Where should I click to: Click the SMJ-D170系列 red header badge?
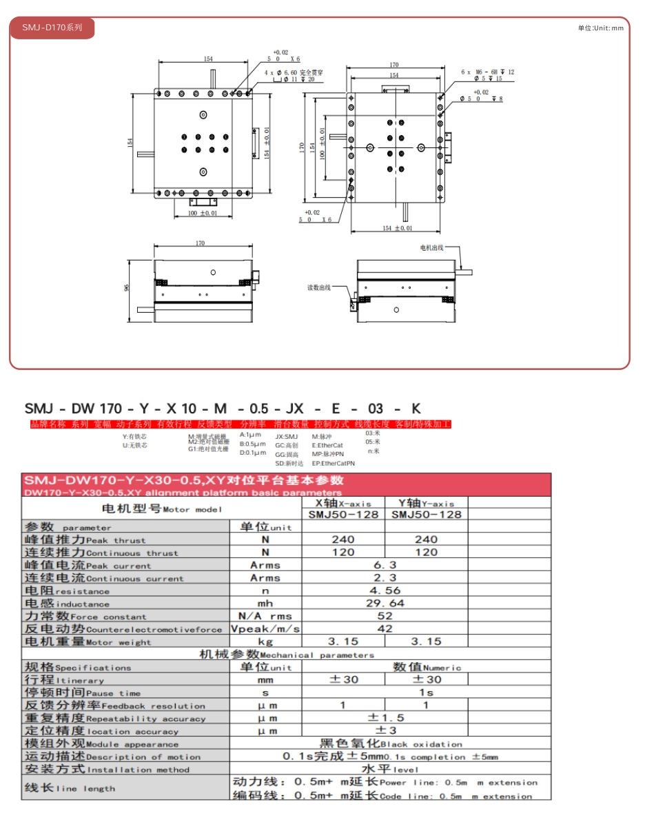click(x=52, y=28)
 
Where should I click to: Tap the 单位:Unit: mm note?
click(x=600, y=28)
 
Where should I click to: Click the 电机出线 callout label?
click(x=432, y=247)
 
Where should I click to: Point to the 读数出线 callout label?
click(x=319, y=287)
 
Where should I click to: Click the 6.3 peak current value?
click(x=385, y=565)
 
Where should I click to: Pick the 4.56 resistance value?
click(x=385, y=590)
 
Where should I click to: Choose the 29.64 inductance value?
click(x=385, y=603)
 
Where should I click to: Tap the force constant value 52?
click(x=385, y=616)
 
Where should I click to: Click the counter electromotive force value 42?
click(x=385, y=628)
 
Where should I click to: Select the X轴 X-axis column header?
click(x=342, y=503)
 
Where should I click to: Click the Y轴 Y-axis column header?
click(x=426, y=503)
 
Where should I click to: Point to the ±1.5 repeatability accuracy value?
click(x=385, y=718)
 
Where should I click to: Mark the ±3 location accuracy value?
click(x=385, y=730)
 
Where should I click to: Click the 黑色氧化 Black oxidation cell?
click(x=390, y=743)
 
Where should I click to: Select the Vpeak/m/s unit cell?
click(x=265, y=628)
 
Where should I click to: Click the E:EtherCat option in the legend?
click(x=327, y=445)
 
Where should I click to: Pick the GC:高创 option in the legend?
click(x=287, y=445)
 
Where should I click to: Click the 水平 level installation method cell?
click(x=390, y=769)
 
